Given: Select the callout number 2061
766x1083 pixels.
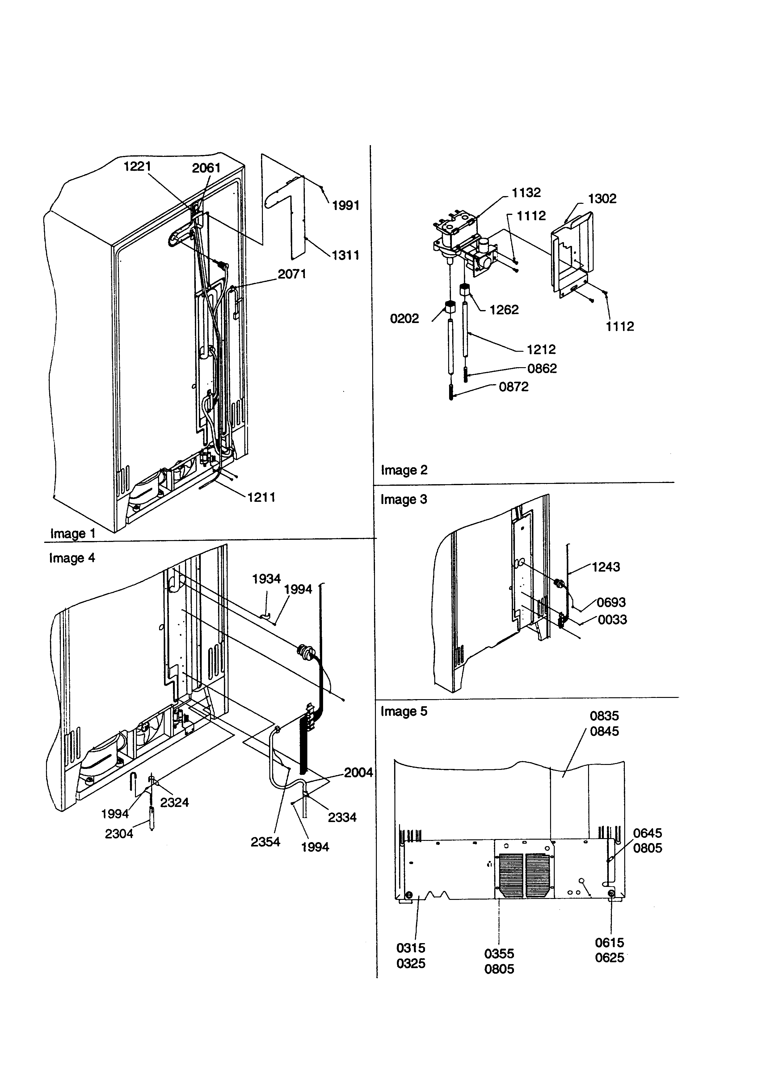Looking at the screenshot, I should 206,168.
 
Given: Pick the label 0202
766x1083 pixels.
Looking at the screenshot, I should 404,319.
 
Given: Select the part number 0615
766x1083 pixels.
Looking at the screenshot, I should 609,943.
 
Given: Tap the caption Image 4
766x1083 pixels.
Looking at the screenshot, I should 72,558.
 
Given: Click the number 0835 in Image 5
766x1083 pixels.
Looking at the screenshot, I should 604,716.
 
